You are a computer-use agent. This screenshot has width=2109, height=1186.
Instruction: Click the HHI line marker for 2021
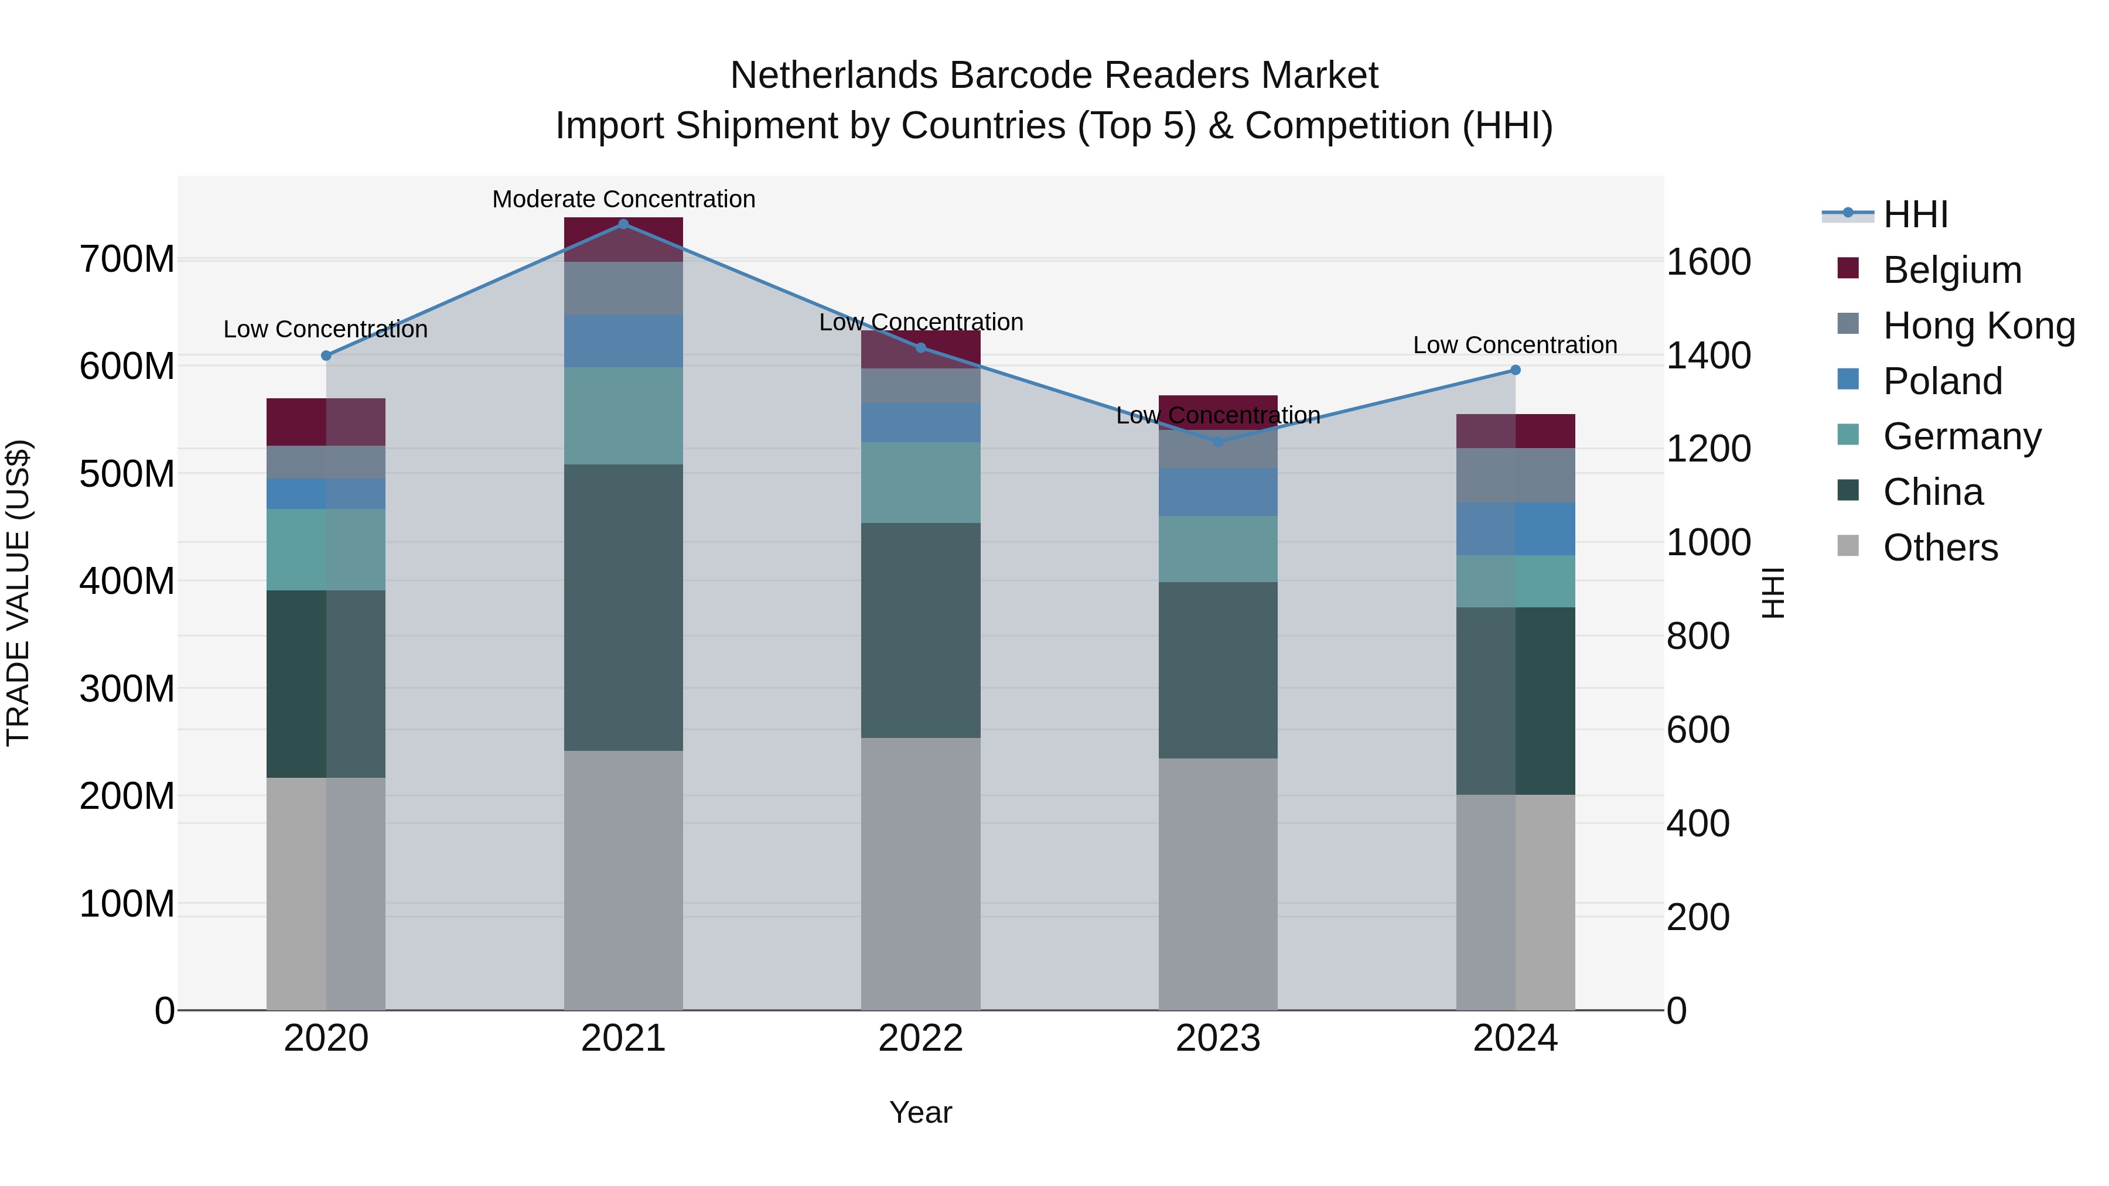pos(623,224)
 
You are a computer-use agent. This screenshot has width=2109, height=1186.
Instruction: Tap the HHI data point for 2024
pos(1514,370)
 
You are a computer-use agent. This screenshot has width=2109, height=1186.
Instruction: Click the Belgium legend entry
pos(1952,270)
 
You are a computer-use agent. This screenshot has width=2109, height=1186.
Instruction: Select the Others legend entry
pos(1940,548)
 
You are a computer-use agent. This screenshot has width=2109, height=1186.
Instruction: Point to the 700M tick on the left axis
pos(127,259)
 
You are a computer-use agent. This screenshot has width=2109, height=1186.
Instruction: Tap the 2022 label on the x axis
pos(920,1038)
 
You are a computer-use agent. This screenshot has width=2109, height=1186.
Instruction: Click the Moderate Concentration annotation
pos(623,199)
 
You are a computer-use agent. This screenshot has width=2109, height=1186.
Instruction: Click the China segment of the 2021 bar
pos(623,607)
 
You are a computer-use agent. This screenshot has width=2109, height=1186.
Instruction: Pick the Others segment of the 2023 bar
pos(1217,884)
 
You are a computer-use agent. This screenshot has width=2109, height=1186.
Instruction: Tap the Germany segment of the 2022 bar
pos(920,483)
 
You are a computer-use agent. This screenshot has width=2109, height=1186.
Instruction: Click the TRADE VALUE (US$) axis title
pos(18,593)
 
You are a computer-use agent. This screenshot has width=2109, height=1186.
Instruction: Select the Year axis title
pos(920,1112)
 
